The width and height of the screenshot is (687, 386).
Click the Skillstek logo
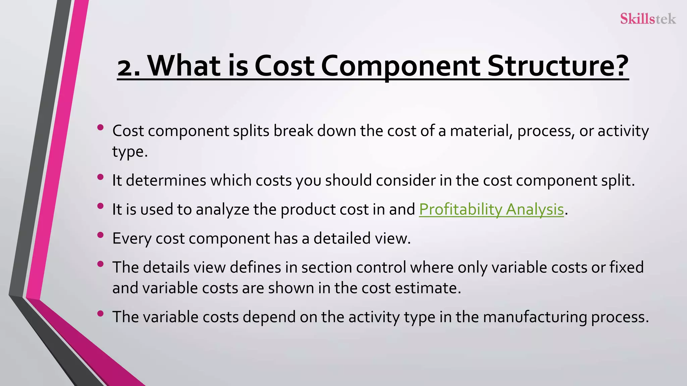648,19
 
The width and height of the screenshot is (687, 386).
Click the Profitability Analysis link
491,209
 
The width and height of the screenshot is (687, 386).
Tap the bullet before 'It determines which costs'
100,177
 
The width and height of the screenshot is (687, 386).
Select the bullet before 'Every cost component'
100,235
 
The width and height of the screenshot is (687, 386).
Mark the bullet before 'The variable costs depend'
100,314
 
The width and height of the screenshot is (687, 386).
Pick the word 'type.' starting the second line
130,152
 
